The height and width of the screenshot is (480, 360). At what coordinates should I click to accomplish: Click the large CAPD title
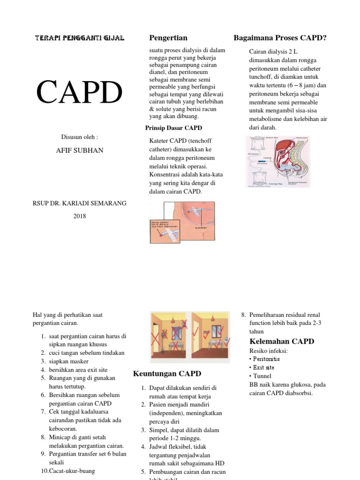coord(80,92)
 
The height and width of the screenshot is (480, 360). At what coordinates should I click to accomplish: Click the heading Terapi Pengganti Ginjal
coord(80,38)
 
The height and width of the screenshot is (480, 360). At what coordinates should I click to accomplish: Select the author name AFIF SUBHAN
coord(80,150)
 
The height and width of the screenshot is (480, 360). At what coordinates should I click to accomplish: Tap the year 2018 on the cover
coord(80,216)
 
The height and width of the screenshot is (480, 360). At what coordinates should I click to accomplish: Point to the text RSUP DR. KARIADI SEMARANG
coord(80,203)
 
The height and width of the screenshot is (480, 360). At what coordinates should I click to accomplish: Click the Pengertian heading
coord(168,37)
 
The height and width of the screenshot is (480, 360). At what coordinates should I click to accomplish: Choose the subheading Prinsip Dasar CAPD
coord(174,128)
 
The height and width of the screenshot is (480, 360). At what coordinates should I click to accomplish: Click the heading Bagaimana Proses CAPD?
coord(280,37)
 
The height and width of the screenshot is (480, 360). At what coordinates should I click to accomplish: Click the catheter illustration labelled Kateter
coord(182,222)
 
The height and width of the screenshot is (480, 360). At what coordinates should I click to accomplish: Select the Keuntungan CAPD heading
coord(167,374)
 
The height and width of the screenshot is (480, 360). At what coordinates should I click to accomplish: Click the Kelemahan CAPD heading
coord(282,341)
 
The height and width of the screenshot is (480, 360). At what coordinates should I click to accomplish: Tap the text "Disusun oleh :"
coord(80,137)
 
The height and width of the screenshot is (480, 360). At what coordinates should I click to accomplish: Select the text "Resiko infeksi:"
coord(269,351)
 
